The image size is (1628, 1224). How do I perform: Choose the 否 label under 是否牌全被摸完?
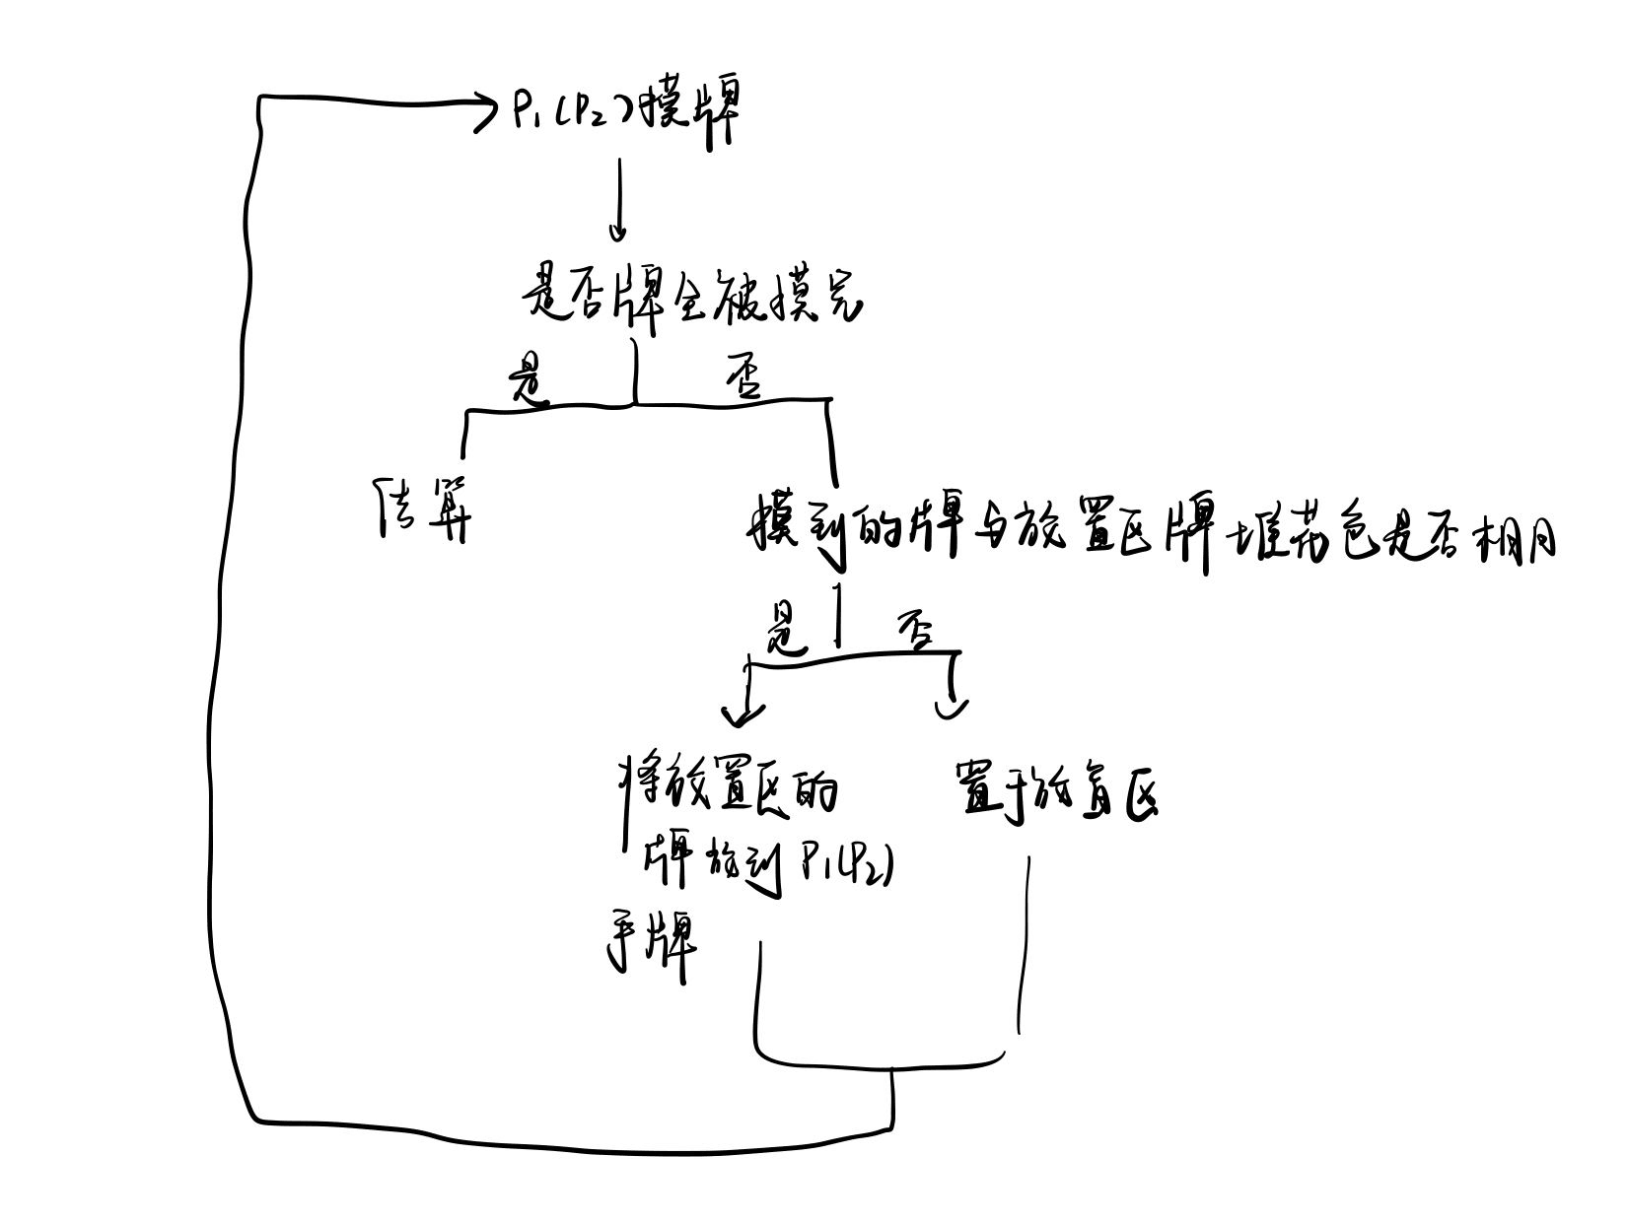click(743, 380)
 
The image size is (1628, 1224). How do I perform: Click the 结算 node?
click(424, 509)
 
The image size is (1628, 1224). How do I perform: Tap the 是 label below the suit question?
click(786, 636)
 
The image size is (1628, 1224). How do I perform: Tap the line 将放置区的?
click(729, 788)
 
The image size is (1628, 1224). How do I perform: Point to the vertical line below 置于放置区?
click(1024, 946)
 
